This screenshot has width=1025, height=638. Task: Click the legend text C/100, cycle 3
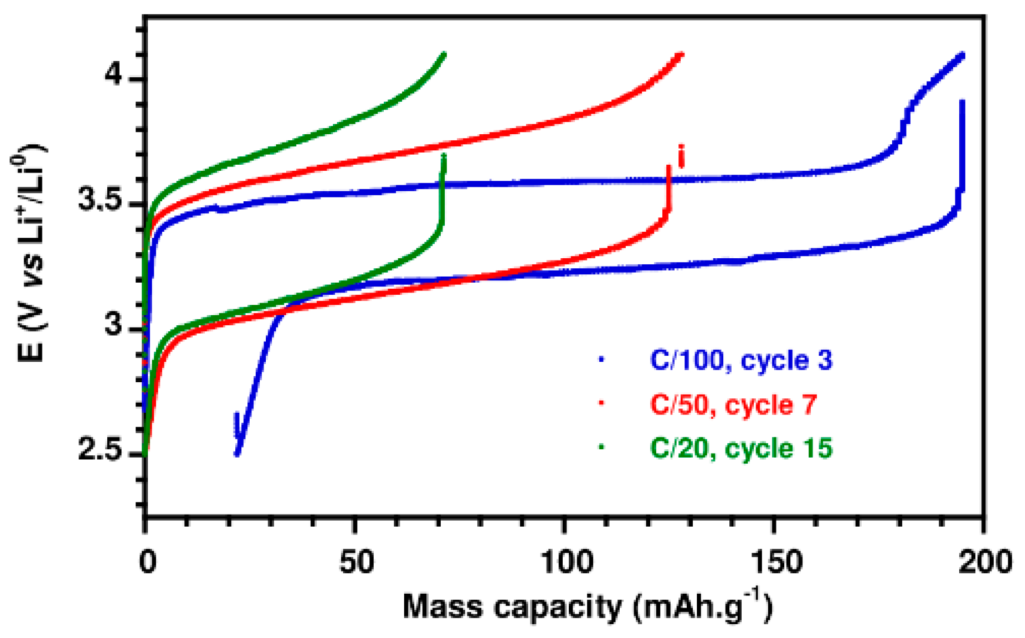(741, 361)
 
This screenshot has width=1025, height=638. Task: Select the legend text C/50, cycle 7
(733, 405)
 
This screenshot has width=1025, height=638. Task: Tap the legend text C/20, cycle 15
(741, 449)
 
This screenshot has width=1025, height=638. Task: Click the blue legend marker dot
(602, 359)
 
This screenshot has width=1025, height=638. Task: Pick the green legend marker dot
(602, 447)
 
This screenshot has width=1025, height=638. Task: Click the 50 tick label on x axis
(356, 563)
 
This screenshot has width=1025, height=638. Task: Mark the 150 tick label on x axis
(775, 563)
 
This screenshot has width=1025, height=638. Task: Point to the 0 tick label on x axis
(147, 563)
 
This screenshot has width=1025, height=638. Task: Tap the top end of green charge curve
(444, 55)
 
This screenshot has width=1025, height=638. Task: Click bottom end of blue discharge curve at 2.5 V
(238, 453)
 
